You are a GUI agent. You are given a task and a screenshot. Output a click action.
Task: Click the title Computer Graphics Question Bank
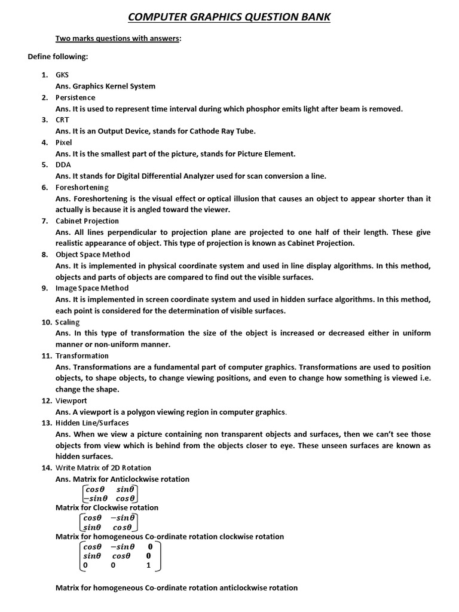[230, 17]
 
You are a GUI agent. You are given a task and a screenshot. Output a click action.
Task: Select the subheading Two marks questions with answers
[118, 39]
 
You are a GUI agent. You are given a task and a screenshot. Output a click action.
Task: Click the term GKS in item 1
[62, 75]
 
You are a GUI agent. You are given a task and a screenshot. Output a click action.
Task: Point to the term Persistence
[75, 97]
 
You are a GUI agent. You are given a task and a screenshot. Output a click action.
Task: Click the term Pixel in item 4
[64, 142]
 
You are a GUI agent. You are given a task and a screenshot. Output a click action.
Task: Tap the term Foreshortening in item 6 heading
[82, 187]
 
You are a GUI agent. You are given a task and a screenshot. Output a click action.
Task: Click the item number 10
[47, 322]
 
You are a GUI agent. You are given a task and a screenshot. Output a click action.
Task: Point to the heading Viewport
[71, 400]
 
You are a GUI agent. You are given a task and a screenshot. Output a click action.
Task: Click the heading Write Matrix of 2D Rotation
[103, 468]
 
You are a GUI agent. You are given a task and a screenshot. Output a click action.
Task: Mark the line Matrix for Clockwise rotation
[107, 507]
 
